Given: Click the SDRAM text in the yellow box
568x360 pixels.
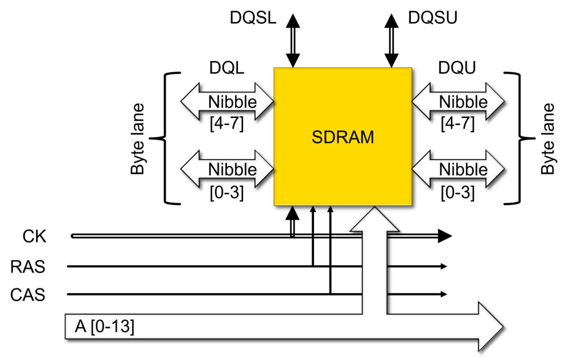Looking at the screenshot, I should coord(342,137).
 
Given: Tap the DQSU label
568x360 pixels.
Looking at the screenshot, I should coord(433,18).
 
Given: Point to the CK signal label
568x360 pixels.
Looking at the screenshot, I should coord(35,237).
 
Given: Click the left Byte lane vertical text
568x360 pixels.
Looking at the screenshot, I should coord(138,139).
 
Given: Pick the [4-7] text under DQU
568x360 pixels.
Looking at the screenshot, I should coord(458,123).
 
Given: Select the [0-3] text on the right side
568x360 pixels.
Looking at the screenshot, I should coord(458,191).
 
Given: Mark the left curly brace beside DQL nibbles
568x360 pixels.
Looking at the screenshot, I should coord(166,138).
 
